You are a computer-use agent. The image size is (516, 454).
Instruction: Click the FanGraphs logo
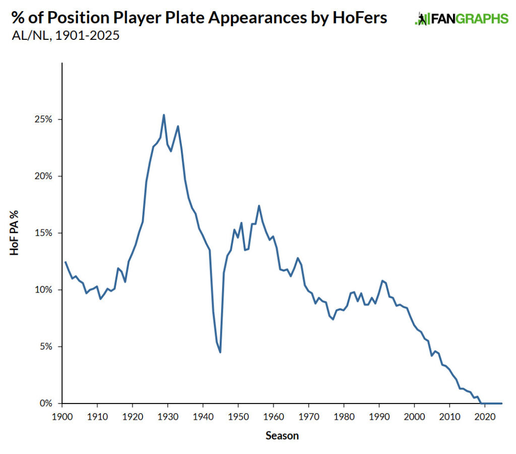(x=461, y=19)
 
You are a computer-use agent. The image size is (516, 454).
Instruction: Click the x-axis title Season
(x=282, y=435)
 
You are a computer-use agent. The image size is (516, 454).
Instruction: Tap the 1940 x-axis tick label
(x=203, y=417)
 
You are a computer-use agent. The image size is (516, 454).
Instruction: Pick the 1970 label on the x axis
(x=308, y=417)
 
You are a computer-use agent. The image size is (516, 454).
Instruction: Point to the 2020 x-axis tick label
(x=484, y=417)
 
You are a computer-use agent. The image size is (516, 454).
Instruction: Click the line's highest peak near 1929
(x=164, y=115)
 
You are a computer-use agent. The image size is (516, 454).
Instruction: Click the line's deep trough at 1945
(x=220, y=352)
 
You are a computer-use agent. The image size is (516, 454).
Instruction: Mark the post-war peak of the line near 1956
(x=259, y=206)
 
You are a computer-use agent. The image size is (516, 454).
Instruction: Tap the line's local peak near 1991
(x=382, y=280)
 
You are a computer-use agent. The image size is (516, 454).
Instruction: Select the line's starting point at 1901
(x=66, y=262)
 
